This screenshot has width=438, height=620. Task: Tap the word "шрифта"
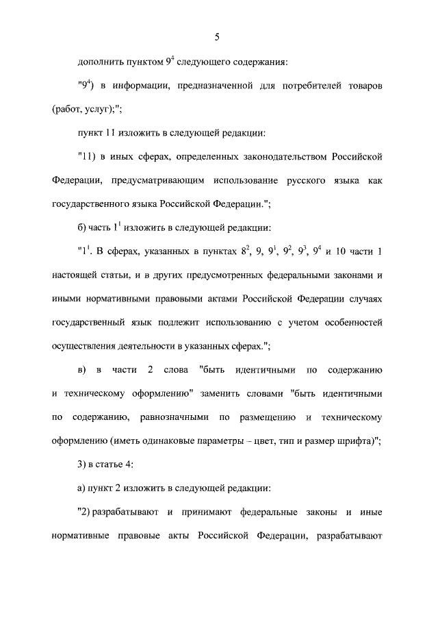pyautogui.click(x=353, y=441)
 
